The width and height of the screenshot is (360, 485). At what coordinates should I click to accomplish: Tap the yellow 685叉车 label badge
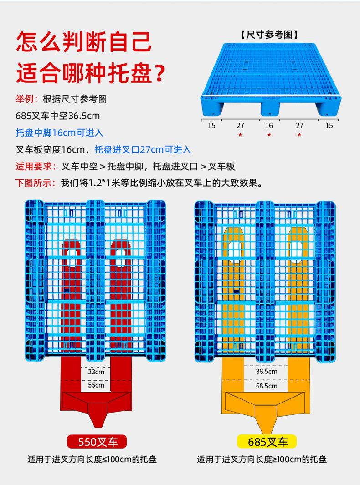pos(267,441)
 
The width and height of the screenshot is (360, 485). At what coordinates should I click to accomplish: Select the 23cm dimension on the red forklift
pos(96,372)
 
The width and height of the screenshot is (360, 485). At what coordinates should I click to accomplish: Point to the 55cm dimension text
pos(96,385)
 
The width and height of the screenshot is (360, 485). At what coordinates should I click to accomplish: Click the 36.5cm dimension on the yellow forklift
pos(267,372)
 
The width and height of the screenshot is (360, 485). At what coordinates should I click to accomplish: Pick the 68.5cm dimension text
pos(267,386)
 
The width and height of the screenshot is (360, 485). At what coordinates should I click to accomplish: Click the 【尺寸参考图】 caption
pos(269,35)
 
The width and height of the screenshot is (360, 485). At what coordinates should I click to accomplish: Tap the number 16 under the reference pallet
pos(269,125)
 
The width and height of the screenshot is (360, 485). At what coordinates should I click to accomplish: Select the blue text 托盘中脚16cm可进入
pos(59,133)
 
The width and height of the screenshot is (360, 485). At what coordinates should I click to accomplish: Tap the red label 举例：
pos(27,99)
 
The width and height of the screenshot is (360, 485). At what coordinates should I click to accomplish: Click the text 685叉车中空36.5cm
pos(57,116)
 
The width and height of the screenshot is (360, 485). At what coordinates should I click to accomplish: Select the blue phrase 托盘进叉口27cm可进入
pos(143,149)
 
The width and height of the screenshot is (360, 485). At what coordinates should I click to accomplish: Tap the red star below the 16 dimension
pos(269,135)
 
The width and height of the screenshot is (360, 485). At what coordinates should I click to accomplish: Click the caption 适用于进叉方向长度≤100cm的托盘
pos(92,459)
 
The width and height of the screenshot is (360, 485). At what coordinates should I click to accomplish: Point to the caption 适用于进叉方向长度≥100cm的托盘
pos(262,459)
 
